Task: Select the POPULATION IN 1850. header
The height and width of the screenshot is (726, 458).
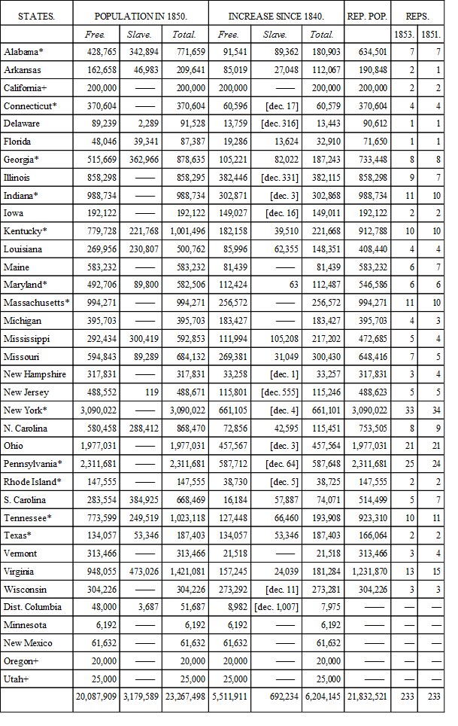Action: click(141, 16)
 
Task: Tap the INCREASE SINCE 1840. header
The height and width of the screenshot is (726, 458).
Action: click(276, 16)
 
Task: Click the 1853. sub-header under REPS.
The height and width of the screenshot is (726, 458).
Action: click(404, 35)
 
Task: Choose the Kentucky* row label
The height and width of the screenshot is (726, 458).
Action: click(26, 231)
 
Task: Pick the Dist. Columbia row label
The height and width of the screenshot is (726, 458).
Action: click(32, 607)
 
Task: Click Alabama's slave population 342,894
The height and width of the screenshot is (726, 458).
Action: click(141, 52)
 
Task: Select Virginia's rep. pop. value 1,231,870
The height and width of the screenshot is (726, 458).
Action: click(368, 572)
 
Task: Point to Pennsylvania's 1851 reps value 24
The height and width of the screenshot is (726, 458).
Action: click(433, 464)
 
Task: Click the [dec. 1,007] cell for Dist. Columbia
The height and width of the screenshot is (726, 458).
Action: click(277, 607)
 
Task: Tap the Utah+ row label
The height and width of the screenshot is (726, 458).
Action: click(17, 679)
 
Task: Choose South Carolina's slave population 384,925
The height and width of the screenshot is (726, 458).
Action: click(141, 500)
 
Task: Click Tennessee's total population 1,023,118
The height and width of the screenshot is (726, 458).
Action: click(182, 518)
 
